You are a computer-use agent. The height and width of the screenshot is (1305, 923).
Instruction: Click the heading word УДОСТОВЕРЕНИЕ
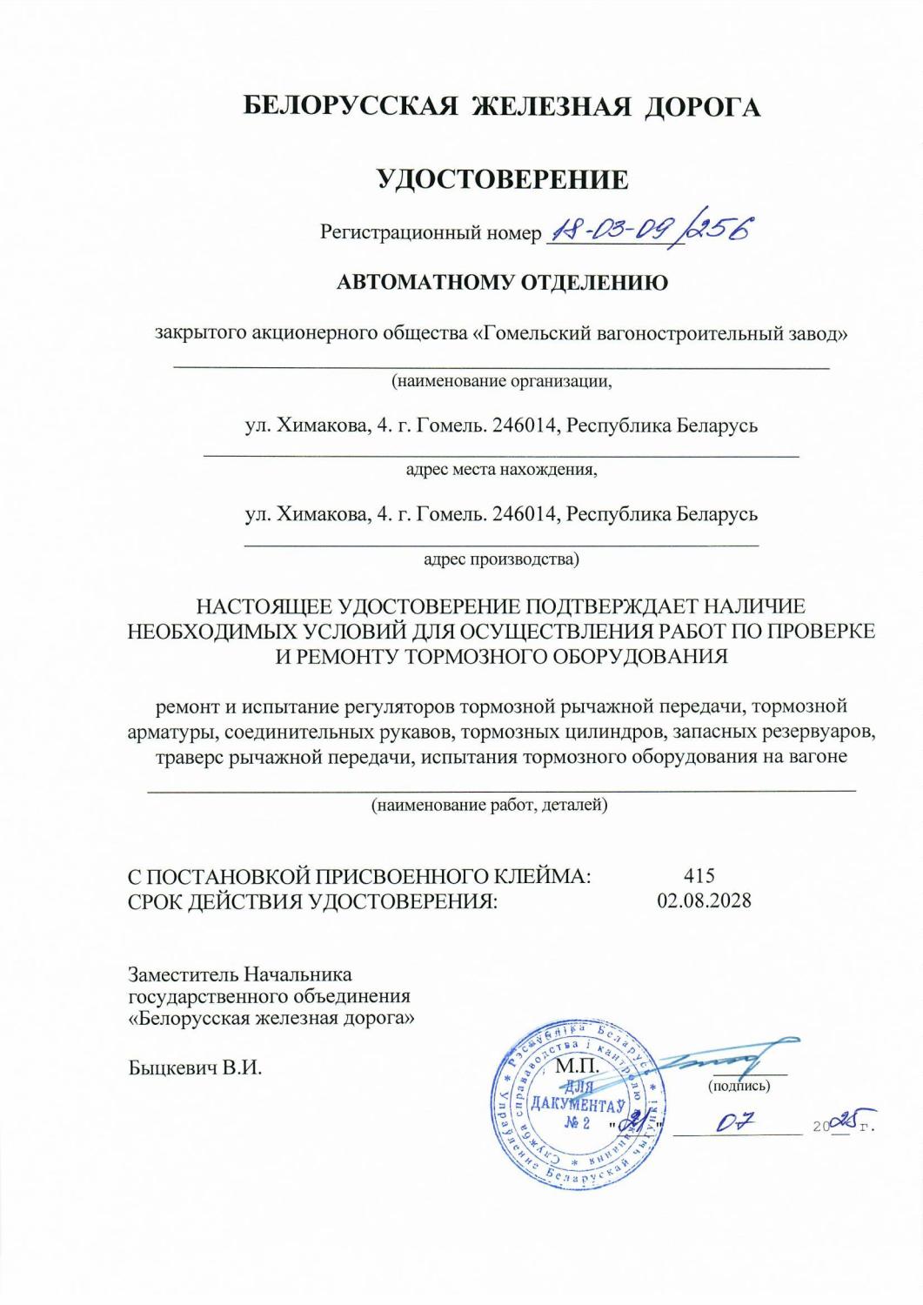(x=502, y=179)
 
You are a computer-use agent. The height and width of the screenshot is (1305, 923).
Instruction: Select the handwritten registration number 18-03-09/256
(x=648, y=230)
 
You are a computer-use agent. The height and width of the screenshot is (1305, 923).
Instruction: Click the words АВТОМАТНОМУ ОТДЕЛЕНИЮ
(x=502, y=282)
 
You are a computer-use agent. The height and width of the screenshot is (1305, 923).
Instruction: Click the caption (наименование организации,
(x=502, y=380)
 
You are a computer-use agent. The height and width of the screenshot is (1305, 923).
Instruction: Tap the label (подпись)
(x=739, y=1086)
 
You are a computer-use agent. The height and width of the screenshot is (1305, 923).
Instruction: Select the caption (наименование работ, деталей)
(x=489, y=806)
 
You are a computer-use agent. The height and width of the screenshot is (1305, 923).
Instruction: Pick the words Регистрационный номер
(x=430, y=232)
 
